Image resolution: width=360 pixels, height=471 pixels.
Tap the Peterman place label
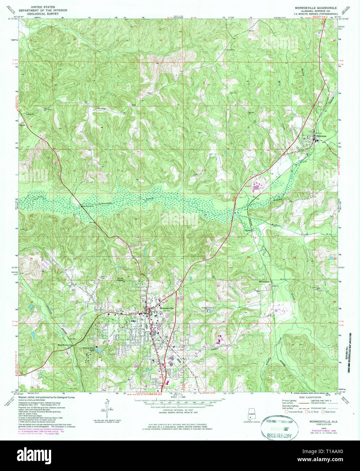click(x=321, y=136)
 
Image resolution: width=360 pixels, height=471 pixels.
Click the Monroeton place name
click(x=264, y=282)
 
